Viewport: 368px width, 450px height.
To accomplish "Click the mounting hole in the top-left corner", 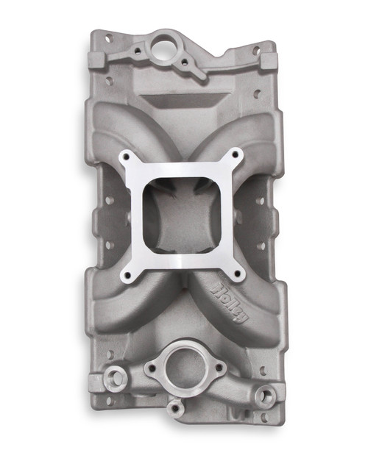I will pyautogui.click(x=108, y=38).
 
